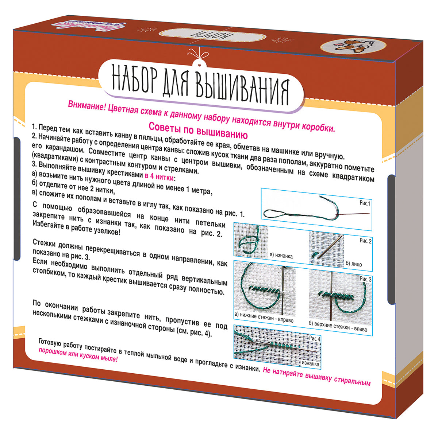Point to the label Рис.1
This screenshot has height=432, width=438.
(x=364, y=203)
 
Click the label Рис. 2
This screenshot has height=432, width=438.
(x=365, y=241)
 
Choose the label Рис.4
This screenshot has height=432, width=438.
(x=314, y=338)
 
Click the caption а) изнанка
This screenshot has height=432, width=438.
(x=281, y=256)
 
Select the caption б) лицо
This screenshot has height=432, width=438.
(x=353, y=264)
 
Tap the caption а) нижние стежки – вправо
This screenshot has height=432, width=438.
(x=264, y=318)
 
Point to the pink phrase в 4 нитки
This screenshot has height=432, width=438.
(x=160, y=177)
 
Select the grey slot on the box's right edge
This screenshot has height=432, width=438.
(x=391, y=239)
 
